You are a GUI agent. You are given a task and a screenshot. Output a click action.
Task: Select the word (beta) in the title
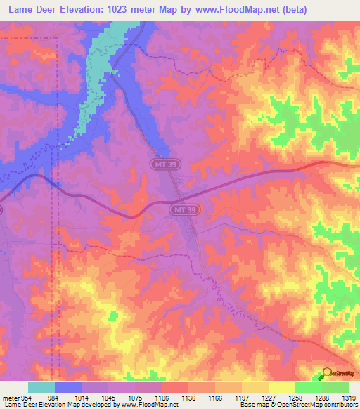[x=329, y=11]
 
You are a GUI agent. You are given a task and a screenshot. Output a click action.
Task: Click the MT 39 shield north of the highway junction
[x=160, y=163]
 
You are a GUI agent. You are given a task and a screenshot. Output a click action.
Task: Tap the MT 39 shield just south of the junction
[x=180, y=210]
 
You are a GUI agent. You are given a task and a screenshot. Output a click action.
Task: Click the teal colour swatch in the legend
[x=41, y=387]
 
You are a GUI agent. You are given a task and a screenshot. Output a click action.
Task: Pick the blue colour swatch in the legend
[x=68, y=387]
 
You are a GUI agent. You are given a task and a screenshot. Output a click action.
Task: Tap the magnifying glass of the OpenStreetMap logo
[x=327, y=372]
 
